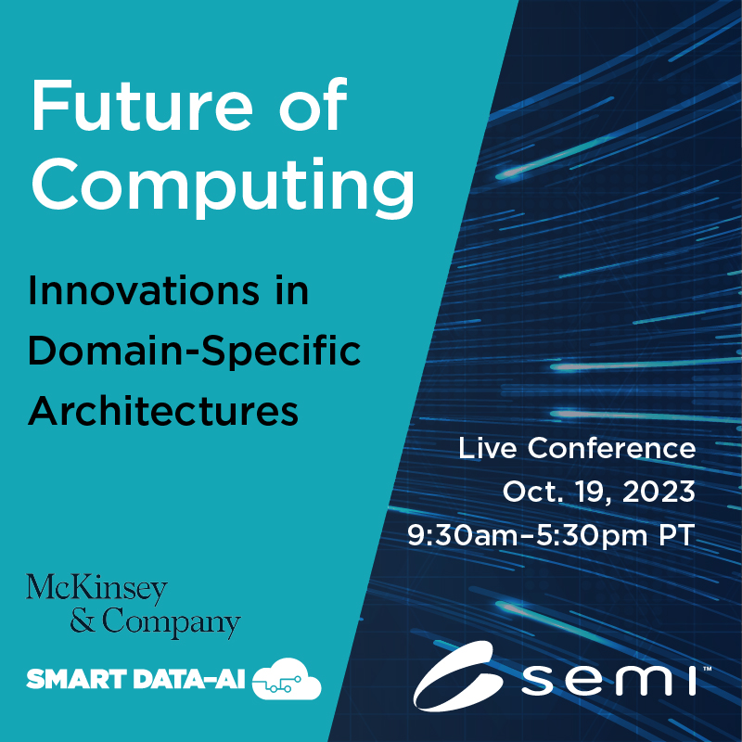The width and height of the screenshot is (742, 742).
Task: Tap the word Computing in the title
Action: point(224,187)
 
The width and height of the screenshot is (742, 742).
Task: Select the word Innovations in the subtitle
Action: point(144,290)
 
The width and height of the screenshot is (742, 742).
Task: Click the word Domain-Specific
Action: point(194,352)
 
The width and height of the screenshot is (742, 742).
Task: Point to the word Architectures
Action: point(163,411)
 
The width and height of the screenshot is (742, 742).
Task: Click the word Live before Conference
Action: point(488,448)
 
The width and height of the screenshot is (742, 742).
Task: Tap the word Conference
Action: point(611,448)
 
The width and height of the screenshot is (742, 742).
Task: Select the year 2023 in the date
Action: point(659,492)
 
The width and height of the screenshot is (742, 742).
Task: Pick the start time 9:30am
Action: point(465,536)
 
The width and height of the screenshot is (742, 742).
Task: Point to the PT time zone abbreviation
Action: point(677,536)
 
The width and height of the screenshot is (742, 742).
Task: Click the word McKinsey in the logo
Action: point(97,589)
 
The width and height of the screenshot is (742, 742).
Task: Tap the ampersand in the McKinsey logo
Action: point(83,620)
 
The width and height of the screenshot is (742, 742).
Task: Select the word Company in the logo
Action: point(172,622)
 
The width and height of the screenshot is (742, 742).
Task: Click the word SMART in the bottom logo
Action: point(77,679)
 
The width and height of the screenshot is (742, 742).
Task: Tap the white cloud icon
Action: point(287,679)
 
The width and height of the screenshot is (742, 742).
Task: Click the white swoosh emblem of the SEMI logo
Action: point(457,676)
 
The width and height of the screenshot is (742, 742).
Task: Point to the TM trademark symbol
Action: point(707,669)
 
